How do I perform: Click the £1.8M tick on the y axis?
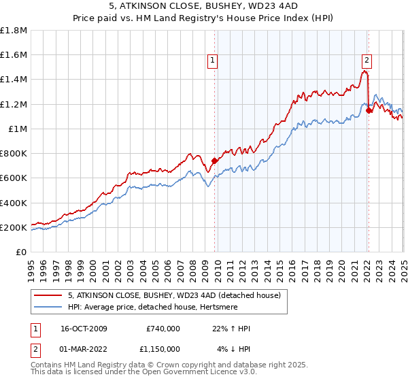coord(14,31)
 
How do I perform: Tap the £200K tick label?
coord(14,227)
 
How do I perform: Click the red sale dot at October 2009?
coord(214,161)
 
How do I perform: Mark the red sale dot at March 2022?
coord(368,110)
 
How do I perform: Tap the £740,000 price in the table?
coord(163,329)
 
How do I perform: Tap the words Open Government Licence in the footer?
coord(199,372)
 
